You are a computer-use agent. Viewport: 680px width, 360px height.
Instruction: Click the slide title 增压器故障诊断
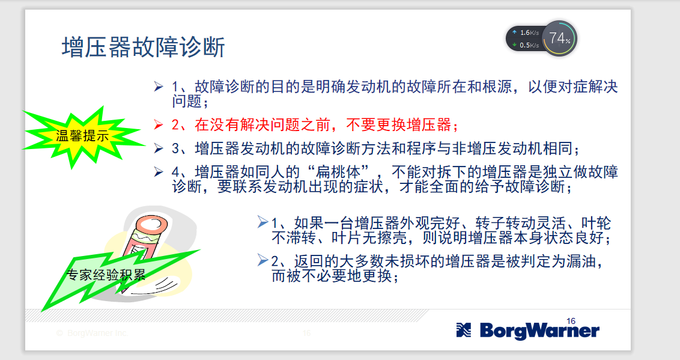click(143, 47)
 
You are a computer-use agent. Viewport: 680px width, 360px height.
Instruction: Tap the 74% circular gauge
click(559, 38)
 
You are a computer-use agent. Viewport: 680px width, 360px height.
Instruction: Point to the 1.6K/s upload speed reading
click(529, 32)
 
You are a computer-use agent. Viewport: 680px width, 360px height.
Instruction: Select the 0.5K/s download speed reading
click(529, 45)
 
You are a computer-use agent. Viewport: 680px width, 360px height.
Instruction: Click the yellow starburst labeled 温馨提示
click(82, 136)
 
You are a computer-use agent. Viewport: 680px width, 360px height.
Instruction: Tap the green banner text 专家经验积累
click(106, 275)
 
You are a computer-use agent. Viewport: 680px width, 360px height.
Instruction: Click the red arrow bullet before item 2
click(159, 125)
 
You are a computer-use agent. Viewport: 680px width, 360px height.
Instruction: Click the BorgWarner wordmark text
click(539, 331)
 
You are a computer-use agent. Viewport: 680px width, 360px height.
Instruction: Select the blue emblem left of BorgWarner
click(464, 330)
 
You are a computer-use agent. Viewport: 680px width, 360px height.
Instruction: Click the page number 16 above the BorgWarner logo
click(571, 321)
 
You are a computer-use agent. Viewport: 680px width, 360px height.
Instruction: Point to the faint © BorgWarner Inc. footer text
click(92, 333)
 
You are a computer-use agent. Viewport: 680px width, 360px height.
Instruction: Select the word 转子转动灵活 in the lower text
click(520, 224)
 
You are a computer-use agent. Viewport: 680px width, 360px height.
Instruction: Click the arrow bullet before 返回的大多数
click(262, 260)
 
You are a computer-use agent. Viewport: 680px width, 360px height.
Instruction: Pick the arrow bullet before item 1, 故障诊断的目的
click(159, 87)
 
